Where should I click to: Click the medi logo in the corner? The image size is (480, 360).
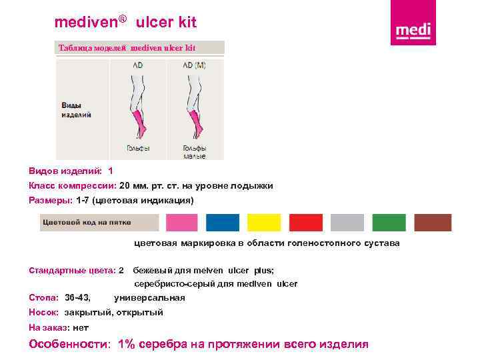pyautogui.click(x=413, y=25)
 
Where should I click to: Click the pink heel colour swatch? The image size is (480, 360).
pyautogui.click(x=182, y=223)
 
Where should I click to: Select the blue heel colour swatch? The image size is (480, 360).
pyautogui.click(x=223, y=223)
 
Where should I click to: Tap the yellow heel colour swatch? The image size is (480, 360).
pyautogui.click(x=264, y=223)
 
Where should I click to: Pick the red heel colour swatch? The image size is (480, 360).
pyautogui.click(x=306, y=223)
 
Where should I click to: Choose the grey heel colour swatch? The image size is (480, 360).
pyautogui.click(x=347, y=223)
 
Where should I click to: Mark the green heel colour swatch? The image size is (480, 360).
pyautogui.click(x=389, y=223)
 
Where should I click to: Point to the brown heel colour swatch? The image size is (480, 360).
pyautogui.click(x=433, y=223)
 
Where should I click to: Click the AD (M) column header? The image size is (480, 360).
pyautogui.click(x=195, y=65)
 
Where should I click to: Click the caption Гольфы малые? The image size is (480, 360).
pyautogui.click(x=195, y=152)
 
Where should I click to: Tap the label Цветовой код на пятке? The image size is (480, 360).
pyautogui.click(x=87, y=222)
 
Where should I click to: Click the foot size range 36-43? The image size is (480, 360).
pyautogui.click(x=78, y=297)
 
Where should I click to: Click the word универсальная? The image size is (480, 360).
pyautogui.click(x=149, y=297)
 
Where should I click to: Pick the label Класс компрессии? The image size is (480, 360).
pyautogui.click(x=72, y=186)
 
